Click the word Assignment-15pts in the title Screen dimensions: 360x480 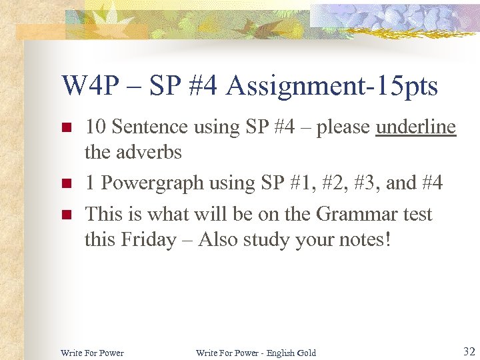tap(332, 87)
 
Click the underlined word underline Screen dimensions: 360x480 tap(416, 127)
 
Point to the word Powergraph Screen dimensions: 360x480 tap(153, 182)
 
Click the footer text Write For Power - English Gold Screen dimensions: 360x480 tap(256, 353)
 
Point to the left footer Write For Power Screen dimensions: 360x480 tap(92, 353)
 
